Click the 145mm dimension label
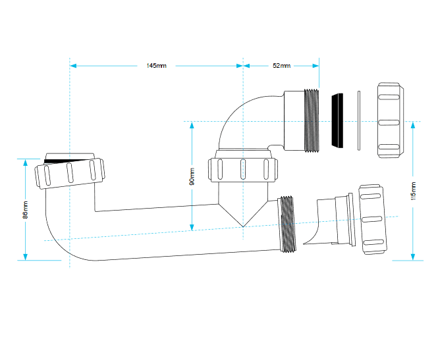click(x=157, y=66)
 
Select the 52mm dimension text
click(x=282, y=66)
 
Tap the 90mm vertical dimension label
click(x=192, y=176)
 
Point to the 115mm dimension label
click(x=414, y=191)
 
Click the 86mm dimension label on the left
click(x=25, y=209)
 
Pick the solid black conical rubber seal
click(x=337, y=120)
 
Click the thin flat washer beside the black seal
click(x=359, y=120)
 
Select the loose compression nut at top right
click(x=390, y=120)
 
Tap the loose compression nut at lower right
click(x=373, y=219)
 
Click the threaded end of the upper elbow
click(x=312, y=120)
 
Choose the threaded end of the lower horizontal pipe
click(x=287, y=224)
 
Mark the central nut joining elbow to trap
click(x=243, y=170)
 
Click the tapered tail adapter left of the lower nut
click(x=329, y=221)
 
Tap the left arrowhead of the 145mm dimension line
click(x=73, y=66)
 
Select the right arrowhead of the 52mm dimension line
click(x=315, y=66)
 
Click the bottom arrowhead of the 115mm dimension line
click(x=413, y=257)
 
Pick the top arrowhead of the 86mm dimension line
click(x=26, y=163)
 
